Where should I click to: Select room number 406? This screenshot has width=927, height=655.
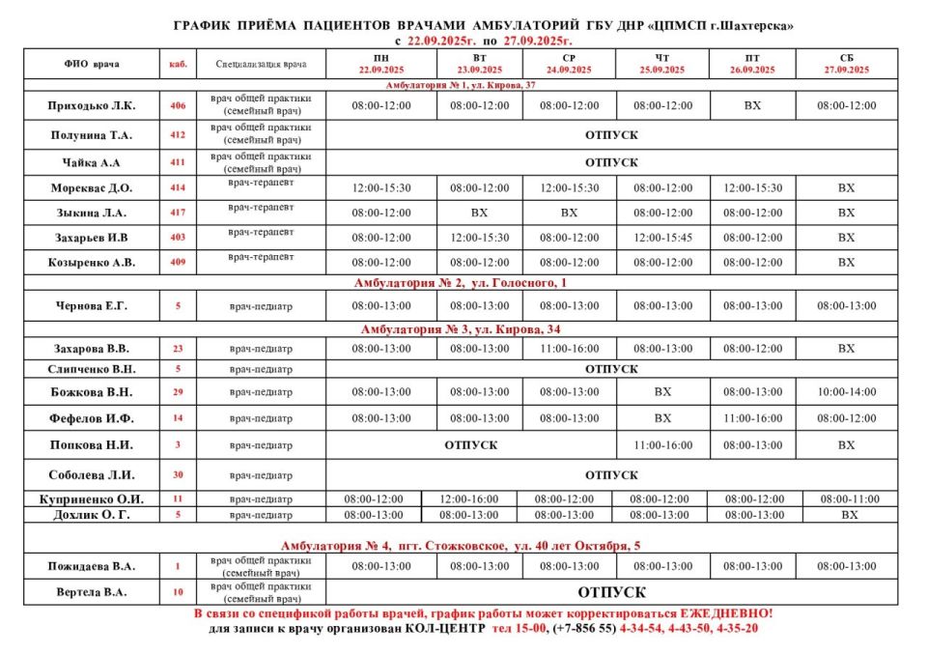(178, 105)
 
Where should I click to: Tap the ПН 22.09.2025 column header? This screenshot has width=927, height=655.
(380, 64)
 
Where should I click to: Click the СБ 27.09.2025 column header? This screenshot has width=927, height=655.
(846, 64)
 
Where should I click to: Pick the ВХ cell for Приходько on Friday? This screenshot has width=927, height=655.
(753, 105)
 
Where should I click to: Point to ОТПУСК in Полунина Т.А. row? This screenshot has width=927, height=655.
(611, 135)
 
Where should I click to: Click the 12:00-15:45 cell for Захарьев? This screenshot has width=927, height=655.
(662, 238)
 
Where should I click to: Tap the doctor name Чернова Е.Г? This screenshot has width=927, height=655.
(92, 306)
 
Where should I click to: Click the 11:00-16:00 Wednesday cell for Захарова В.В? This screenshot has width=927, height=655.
(569, 349)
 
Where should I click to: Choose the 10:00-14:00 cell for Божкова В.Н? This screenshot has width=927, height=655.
(846, 392)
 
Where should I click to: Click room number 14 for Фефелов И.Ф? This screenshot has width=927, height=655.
(178, 419)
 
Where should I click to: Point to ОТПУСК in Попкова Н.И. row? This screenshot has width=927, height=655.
(470, 445)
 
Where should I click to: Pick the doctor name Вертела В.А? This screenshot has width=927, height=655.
(92, 592)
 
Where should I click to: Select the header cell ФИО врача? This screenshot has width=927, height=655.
(92, 65)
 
